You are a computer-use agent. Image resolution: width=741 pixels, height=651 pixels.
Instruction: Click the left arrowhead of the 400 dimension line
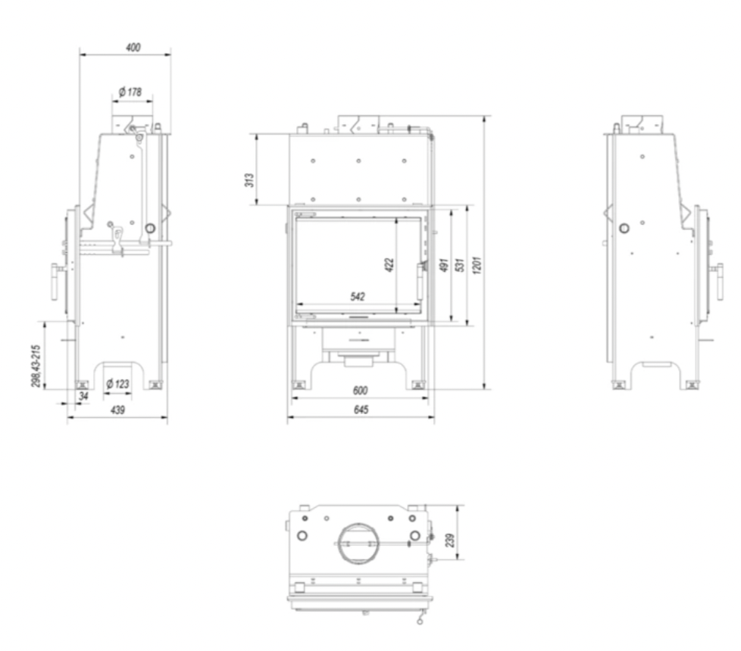pos(83,55)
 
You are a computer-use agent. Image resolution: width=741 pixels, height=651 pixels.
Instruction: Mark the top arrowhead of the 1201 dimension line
pos(484,119)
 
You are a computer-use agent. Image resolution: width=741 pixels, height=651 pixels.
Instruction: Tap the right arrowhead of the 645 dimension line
pos(431,417)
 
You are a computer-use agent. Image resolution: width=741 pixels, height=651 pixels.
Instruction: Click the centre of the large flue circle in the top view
pos(358,544)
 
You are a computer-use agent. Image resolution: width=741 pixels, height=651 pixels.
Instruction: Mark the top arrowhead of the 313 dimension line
pos(257,137)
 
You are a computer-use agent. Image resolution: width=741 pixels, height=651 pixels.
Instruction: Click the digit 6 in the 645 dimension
pos(356,410)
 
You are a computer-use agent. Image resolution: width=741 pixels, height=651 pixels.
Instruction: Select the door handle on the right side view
pos(719,282)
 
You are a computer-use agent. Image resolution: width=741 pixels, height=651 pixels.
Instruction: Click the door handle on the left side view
pos(55,282)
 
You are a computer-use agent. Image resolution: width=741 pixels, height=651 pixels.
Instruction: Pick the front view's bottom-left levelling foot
pos(299,385)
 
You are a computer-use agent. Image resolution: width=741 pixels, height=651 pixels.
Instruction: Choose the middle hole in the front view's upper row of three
pos(358,161)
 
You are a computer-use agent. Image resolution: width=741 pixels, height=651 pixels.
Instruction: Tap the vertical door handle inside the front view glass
pos(420,282)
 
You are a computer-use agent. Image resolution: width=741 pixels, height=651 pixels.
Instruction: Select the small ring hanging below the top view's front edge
pos(420,621)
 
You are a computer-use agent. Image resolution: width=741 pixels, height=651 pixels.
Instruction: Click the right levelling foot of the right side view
pos(692,385)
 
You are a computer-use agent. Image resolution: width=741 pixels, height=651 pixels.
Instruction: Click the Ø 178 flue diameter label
pos(130,92)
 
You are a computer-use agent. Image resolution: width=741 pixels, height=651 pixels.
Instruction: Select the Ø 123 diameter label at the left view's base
pos(117,383)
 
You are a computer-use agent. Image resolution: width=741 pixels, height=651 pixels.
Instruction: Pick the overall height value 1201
pos(477,265)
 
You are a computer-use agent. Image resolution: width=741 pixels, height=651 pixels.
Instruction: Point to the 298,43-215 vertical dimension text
pos(36,366)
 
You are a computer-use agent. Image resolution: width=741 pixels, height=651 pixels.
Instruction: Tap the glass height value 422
pos(389,264)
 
